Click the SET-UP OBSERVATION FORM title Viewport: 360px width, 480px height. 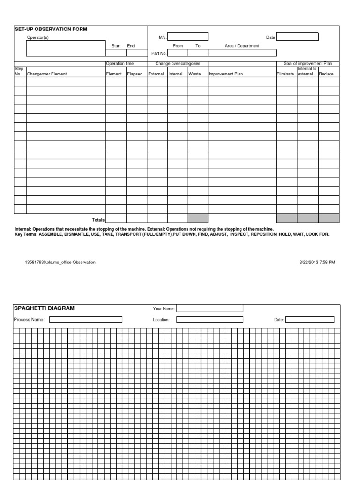pos(51,29)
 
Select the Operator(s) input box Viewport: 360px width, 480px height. pos(66,48)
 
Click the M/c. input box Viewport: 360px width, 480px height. pos(187,37)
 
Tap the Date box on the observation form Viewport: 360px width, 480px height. pos(297,37)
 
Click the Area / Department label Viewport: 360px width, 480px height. pos(242,46)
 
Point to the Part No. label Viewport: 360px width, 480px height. pos(159,53)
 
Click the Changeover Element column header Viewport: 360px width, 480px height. pos(47,74)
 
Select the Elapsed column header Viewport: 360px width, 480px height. pos(135,74)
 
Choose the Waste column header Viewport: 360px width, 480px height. pos(195,74)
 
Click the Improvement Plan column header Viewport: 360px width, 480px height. pos(226,74)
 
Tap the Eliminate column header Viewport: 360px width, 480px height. pos(285,74)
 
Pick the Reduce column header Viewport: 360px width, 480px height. pos(326,74)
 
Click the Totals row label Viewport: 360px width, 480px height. pos(98,219)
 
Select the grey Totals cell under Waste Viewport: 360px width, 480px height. pos(197,218)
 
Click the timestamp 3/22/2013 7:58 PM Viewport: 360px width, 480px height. pos(317,262)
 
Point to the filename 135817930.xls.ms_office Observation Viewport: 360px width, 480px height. pos(60,262)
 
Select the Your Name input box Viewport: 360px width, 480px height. pos(210,308)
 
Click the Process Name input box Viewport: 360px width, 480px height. pos(86,320)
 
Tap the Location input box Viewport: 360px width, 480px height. pos(210,320)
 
